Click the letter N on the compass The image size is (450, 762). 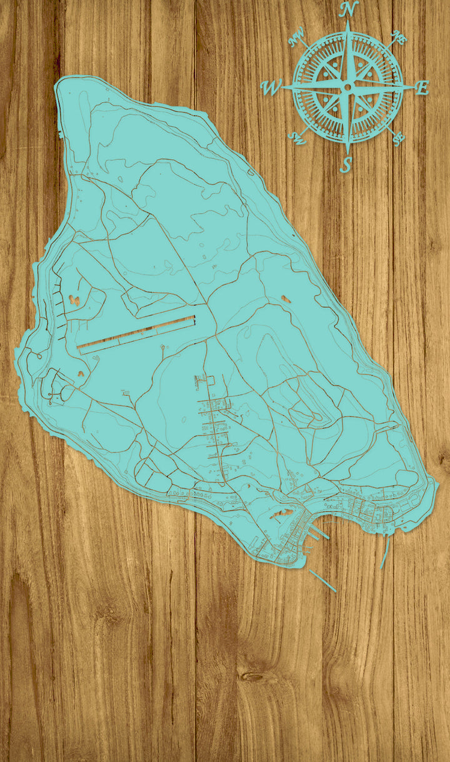click(x=349, y=9)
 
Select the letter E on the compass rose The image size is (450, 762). click(x=422, y=88)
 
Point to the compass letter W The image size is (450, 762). click(x=271, y=89)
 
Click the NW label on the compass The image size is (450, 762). click(x=297, y=39)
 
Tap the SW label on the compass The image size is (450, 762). click(x=298, y=138)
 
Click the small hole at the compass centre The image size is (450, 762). click(x=347, y=88)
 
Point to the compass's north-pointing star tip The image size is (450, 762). click(x=348, y=25)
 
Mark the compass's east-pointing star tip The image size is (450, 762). click(x=409, y=87)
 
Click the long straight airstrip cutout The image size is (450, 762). click(x=136, y=335)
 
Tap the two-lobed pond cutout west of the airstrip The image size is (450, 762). click(x=74, y=300)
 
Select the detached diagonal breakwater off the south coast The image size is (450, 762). click(x=322, y=580)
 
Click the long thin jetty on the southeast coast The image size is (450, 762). click(x=384, y=552)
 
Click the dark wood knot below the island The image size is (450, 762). click(x=252, y=676)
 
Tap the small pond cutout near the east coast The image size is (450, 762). click(x=286, y=299)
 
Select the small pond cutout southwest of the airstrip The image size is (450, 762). click(x=81, y=374)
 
